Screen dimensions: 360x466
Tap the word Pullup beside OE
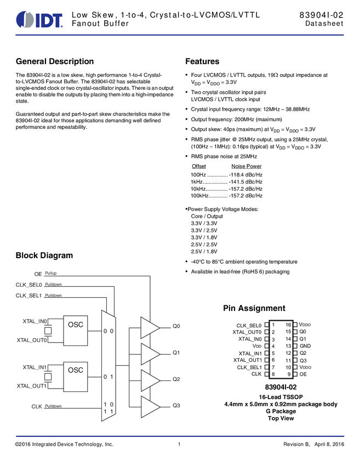pos(51,273)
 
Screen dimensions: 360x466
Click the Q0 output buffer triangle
pos(149,327)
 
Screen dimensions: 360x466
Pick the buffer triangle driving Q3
pos(149,406)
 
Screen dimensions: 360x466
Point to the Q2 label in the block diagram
pos(176,379)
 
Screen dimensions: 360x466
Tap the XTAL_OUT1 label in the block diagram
pos(32,385)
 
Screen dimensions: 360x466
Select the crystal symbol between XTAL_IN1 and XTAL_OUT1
pos(48,376)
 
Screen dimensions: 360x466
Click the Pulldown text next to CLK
pos(53,406)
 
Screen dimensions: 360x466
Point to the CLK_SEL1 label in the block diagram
pos(29,295)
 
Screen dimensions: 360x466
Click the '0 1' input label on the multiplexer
pos(108,377)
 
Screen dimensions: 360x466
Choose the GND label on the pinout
pos(305,346)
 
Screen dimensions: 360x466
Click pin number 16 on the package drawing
pos(288,325)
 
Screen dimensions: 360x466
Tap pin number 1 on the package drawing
pos(273,325)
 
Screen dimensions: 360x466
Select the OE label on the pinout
pos(303,374)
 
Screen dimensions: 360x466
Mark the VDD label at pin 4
pos(257,346)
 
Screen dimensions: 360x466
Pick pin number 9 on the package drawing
pos(288,374)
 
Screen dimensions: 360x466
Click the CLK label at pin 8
pos(256,374)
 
